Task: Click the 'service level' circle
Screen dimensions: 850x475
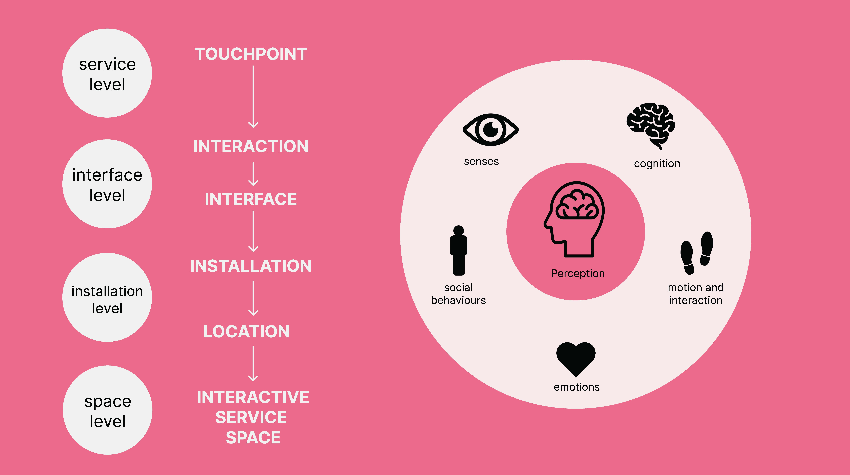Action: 107,73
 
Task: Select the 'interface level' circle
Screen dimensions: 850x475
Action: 107,184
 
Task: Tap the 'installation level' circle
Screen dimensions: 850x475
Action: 107,297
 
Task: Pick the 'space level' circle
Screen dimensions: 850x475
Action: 108,410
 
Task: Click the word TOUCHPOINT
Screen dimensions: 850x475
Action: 251,54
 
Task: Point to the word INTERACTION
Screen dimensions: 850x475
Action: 251,146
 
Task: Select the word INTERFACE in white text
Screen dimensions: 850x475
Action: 251,199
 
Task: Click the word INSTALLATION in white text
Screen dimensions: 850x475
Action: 251,266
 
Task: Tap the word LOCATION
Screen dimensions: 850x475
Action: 247,332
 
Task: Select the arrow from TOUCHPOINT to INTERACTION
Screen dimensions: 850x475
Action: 253,97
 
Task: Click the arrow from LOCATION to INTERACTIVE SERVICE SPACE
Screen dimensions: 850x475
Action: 253,364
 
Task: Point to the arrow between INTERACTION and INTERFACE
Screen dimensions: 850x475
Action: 253,174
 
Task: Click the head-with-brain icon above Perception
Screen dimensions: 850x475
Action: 574,219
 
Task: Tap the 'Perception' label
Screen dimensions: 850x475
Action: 578,274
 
